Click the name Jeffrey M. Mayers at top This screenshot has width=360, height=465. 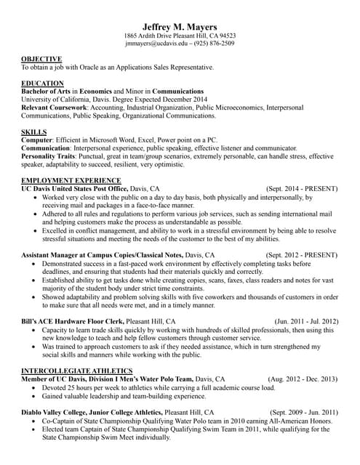[x=180, y=24]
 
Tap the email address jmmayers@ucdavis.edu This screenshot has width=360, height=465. [x=155, y=44]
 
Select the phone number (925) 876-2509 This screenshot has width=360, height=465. [x=212, y=44]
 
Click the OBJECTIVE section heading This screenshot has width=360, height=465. [x=41, y=58]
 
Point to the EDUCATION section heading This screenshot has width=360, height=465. [x=43, y=83]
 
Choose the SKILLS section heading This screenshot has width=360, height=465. [x=34, y=132]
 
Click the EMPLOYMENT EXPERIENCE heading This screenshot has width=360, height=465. [x=71, y=179]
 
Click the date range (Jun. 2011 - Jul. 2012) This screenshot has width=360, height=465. [x=306, y=320]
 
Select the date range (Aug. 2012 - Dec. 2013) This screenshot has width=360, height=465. [x=303, y=379]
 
